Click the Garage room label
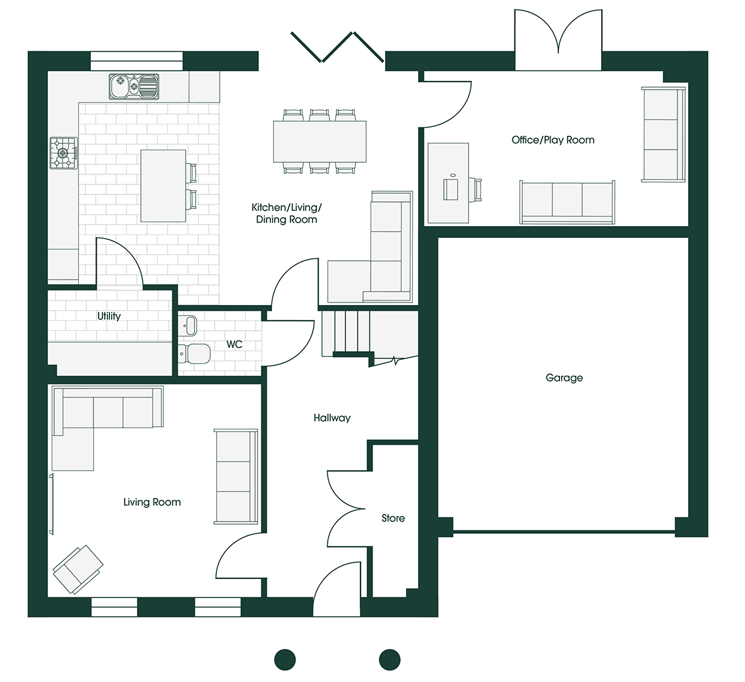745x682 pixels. click(564, 378)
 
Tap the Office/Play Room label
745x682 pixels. click(553, 140)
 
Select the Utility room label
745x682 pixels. click(109, 316)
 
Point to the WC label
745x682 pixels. click(234, 344)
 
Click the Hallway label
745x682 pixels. click(332, 418)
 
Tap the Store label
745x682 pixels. click(393, 518)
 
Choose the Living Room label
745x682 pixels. click(152, 503)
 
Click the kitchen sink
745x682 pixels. click(134, 87)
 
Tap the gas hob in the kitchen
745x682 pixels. click(64, 153)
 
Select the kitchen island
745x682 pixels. click(163, 186)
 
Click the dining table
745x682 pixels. click(319, 141)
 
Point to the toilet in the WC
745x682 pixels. click(194, 354)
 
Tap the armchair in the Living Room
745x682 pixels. click(78, 570)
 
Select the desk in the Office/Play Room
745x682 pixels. click(448, 183)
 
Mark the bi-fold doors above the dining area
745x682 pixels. click(337, 47)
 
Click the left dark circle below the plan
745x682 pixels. click(285, 660)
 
